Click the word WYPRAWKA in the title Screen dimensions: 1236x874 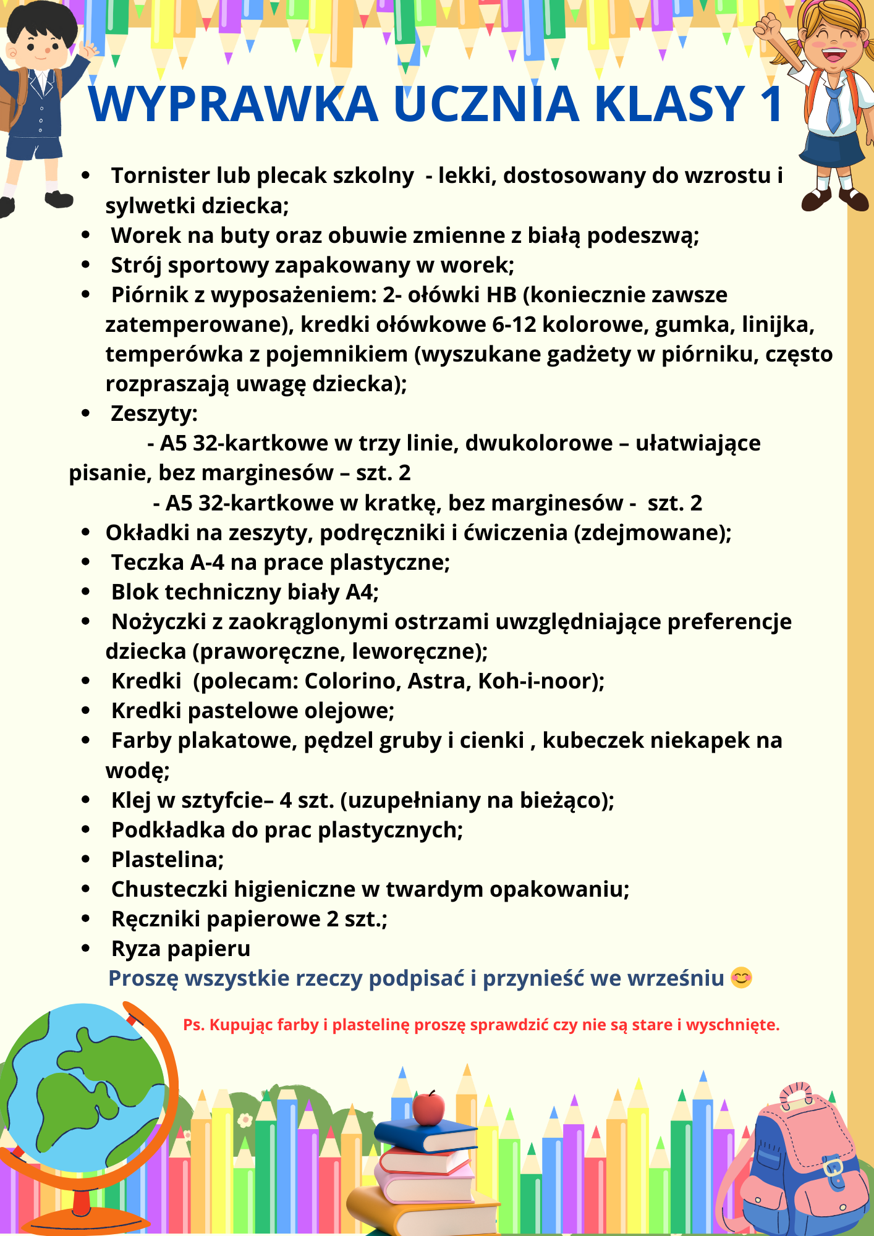click(233, 104)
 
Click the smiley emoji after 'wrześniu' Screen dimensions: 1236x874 click(741, 978)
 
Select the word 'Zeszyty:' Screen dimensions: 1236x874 click(154, 413)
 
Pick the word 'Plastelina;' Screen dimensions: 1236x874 click(167, 860)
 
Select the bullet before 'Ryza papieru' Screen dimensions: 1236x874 click(86, 948)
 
